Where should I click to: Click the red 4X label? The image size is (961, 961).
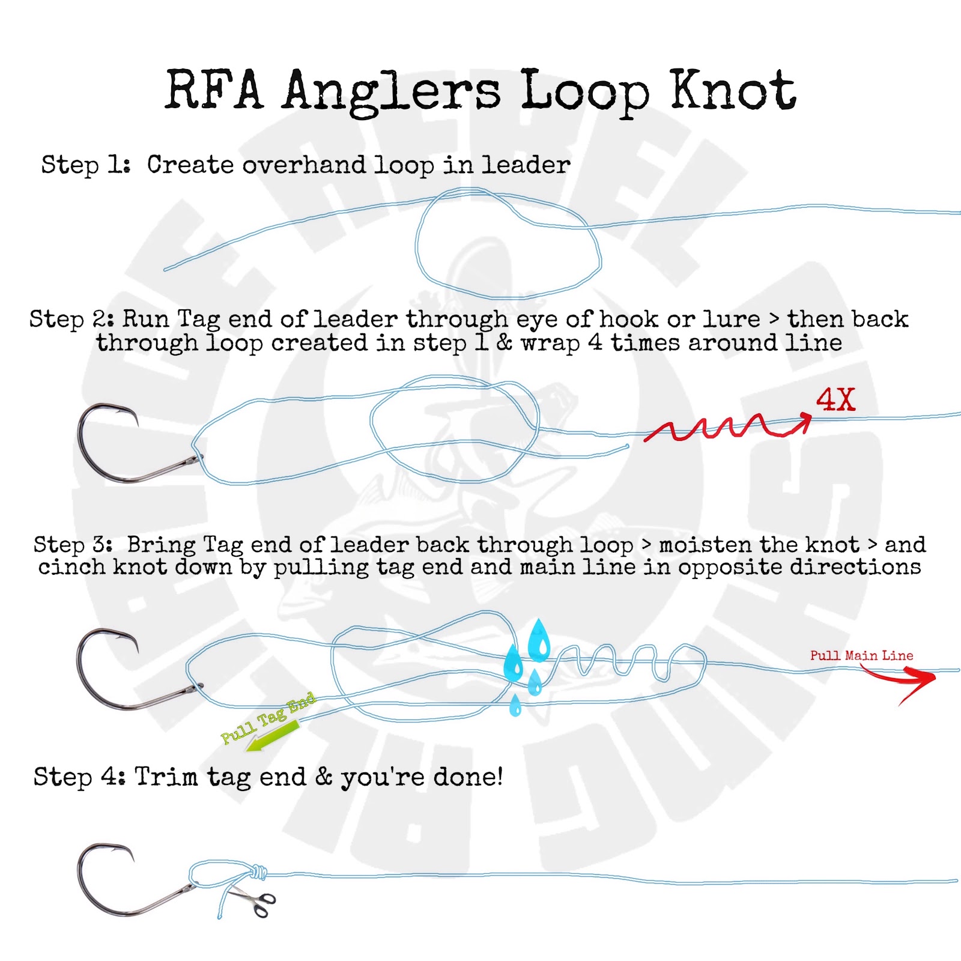835,399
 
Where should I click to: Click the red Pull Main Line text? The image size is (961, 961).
861,655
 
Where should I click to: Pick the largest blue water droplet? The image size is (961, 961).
539,640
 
